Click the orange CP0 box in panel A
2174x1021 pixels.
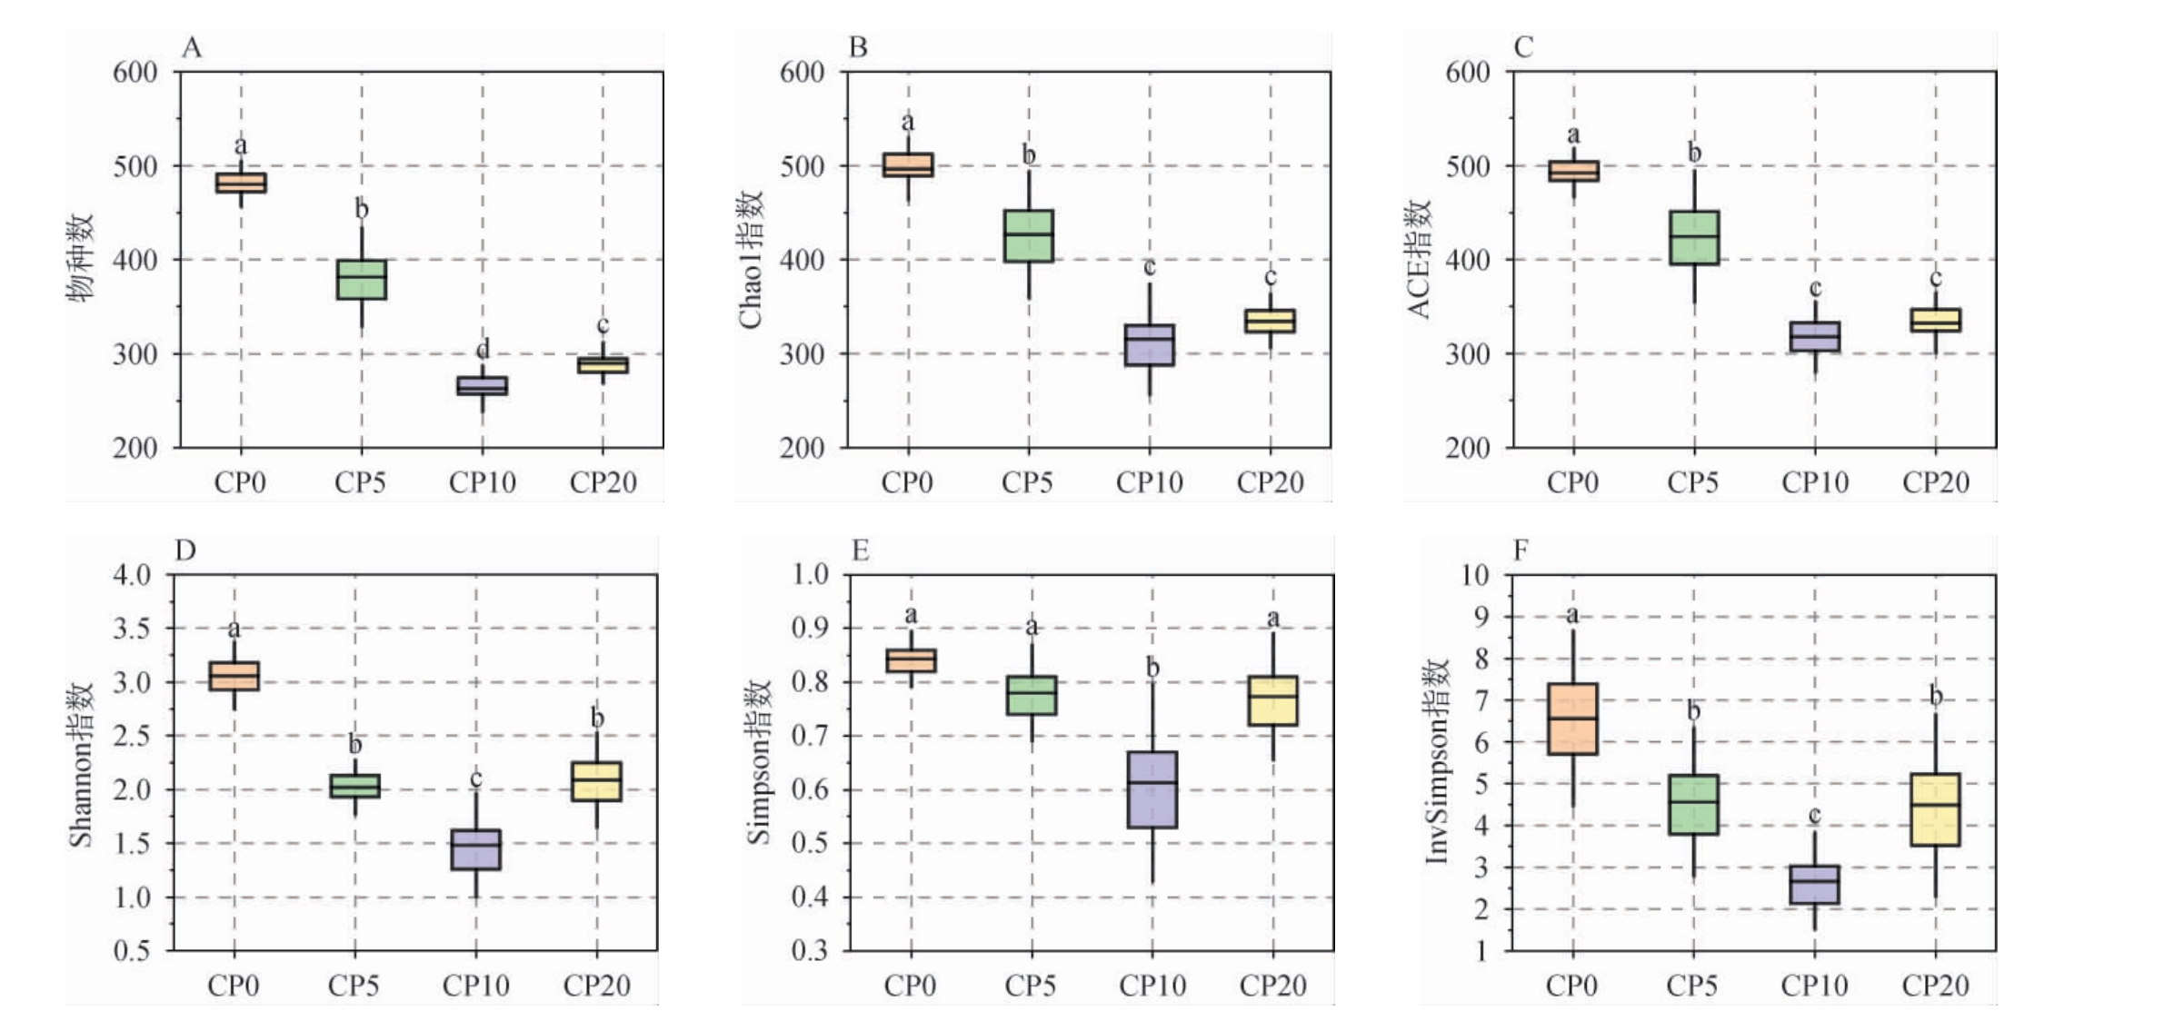tap(241, 183)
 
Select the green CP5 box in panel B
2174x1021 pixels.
tap(1029, 236)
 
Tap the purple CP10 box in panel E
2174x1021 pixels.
tap(1152, 789)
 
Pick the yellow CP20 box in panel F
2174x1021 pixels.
tap(1935, 809)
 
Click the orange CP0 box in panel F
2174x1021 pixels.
tap(1573, 719)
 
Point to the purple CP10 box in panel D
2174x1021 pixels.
tap(476, 849)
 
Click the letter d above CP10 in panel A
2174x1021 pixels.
tap(483, 349)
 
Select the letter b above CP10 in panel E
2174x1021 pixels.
tap(1152, 669)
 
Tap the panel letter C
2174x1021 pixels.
tap(1523, 47)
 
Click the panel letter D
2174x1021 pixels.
tap(185, 550)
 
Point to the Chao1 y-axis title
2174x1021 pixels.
tap(751, 260)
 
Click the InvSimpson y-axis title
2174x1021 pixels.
tap(1437, 761)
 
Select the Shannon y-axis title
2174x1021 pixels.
tap(81, 765)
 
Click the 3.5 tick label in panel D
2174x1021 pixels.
tap(132, 629)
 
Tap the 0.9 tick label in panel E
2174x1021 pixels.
tap(810, 628)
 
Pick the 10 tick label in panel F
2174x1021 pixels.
tap(1474, 575)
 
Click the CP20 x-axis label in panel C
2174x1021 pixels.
tap(1936, 482)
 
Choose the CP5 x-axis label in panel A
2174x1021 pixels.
tap(360, 482)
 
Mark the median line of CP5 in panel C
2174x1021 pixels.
tap(1694, 236)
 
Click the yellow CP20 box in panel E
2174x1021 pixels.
tap(1273, 700)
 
